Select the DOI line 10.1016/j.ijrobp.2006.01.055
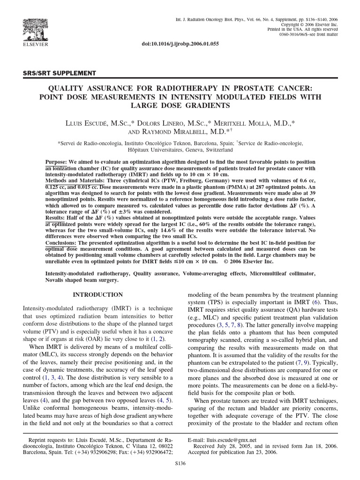(180, 43)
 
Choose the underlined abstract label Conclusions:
(61, 243)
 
